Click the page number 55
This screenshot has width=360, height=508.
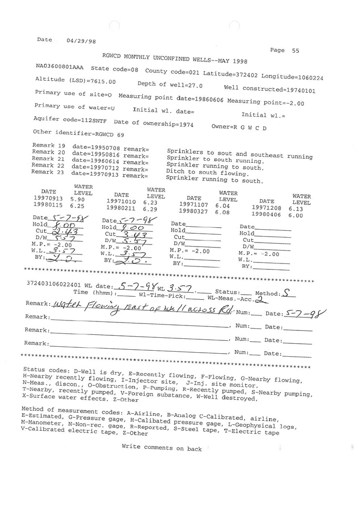[295, 51]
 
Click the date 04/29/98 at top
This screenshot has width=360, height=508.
[80, 42]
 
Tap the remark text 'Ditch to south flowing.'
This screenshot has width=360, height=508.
[207, 173]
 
